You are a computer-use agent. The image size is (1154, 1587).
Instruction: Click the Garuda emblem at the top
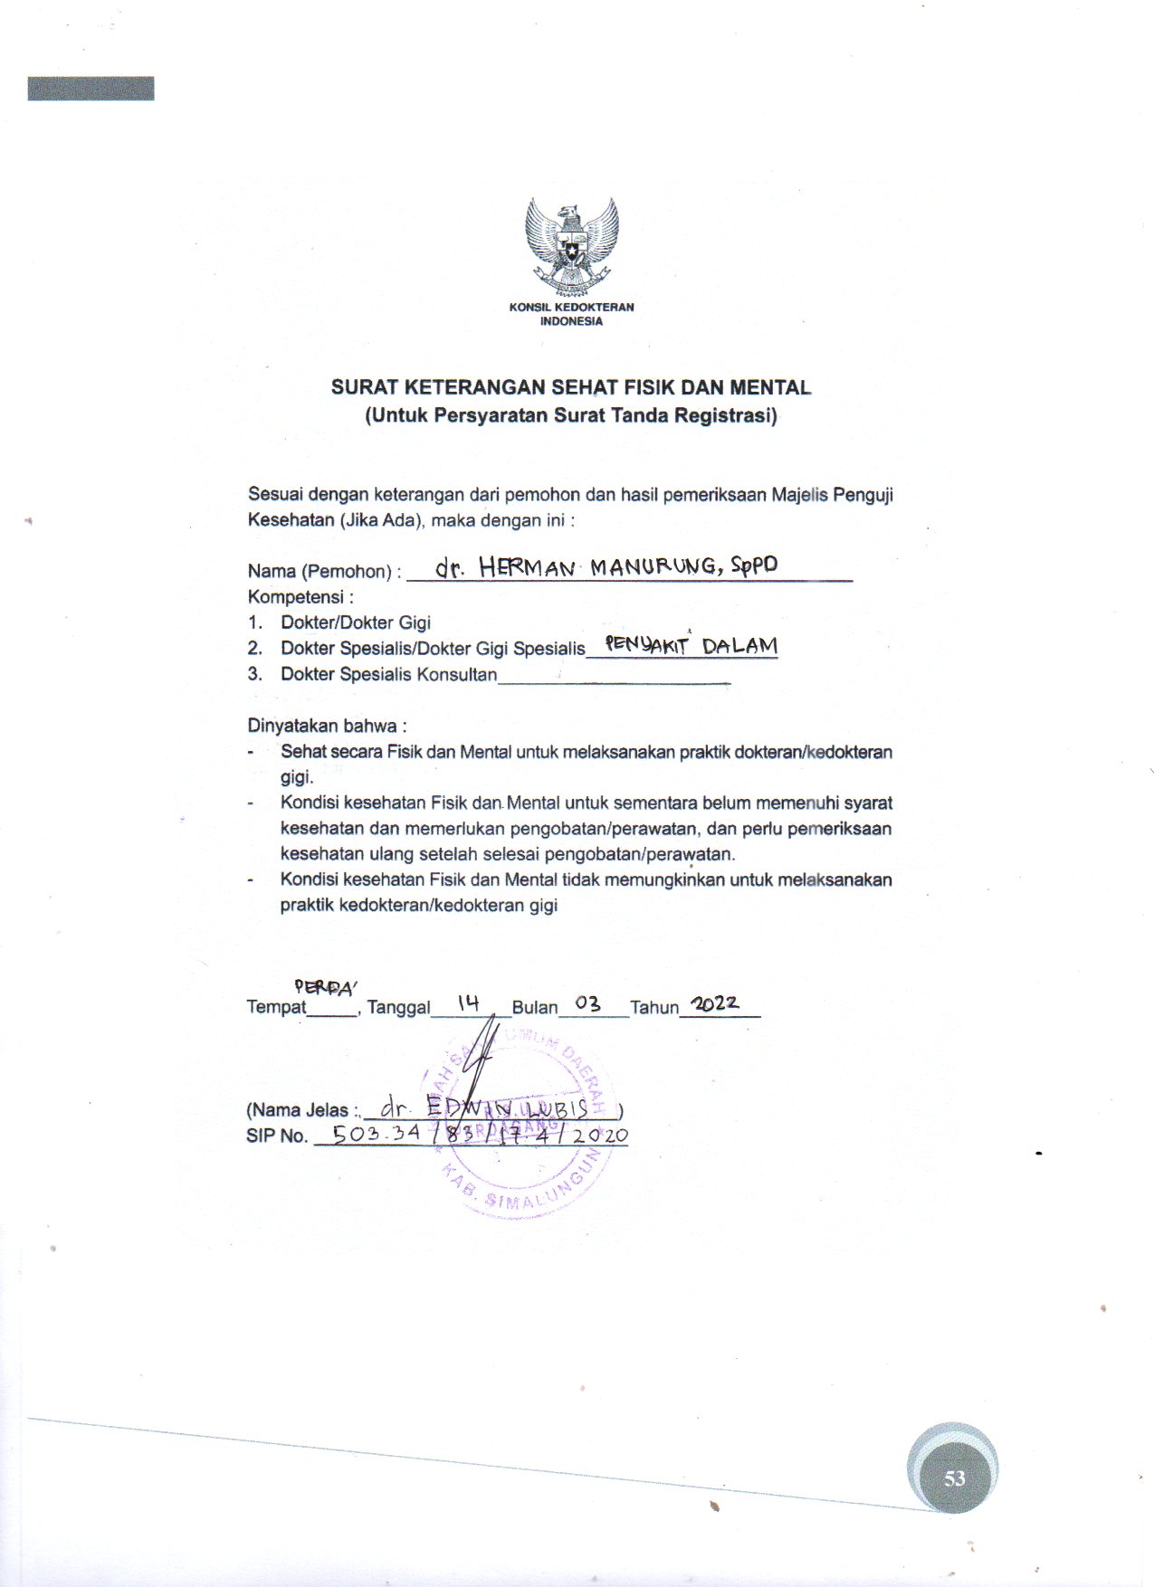[x=571, y=244]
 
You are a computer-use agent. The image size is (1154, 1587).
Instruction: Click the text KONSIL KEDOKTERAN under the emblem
[x=571, y=307]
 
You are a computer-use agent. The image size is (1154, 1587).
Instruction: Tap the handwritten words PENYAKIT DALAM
[x=691, y=646]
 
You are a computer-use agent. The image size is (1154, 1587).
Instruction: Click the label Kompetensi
[x=299, y=597]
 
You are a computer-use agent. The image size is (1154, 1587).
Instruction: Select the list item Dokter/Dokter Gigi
[x=356, y=622]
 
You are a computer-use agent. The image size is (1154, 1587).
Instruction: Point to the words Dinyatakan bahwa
[x=327, y=726]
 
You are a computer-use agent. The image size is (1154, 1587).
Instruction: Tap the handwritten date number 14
[x=468, y=1003]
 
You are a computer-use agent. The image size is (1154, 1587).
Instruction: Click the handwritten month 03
[x=587, y=1004]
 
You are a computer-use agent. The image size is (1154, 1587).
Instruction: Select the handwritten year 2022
[x=715, y=1003]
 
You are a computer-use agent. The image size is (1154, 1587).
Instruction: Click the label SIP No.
[x=276, y=1136]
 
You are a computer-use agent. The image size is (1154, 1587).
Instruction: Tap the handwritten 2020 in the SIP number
[x=600, y=1135]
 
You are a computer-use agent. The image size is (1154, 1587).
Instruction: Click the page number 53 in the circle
[x=954, y=1478]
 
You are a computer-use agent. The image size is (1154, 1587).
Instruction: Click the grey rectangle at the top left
[x=91, y=89]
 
